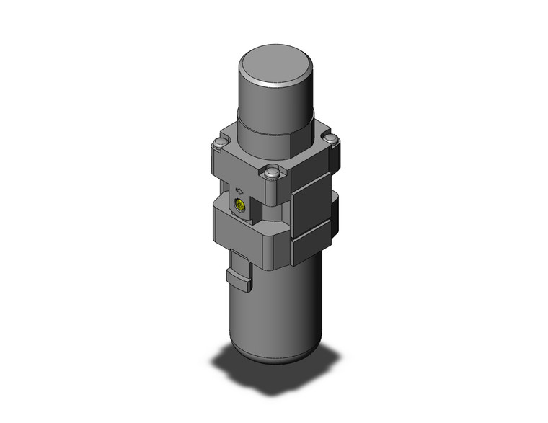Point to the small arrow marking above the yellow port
click(x=239, y=192)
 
